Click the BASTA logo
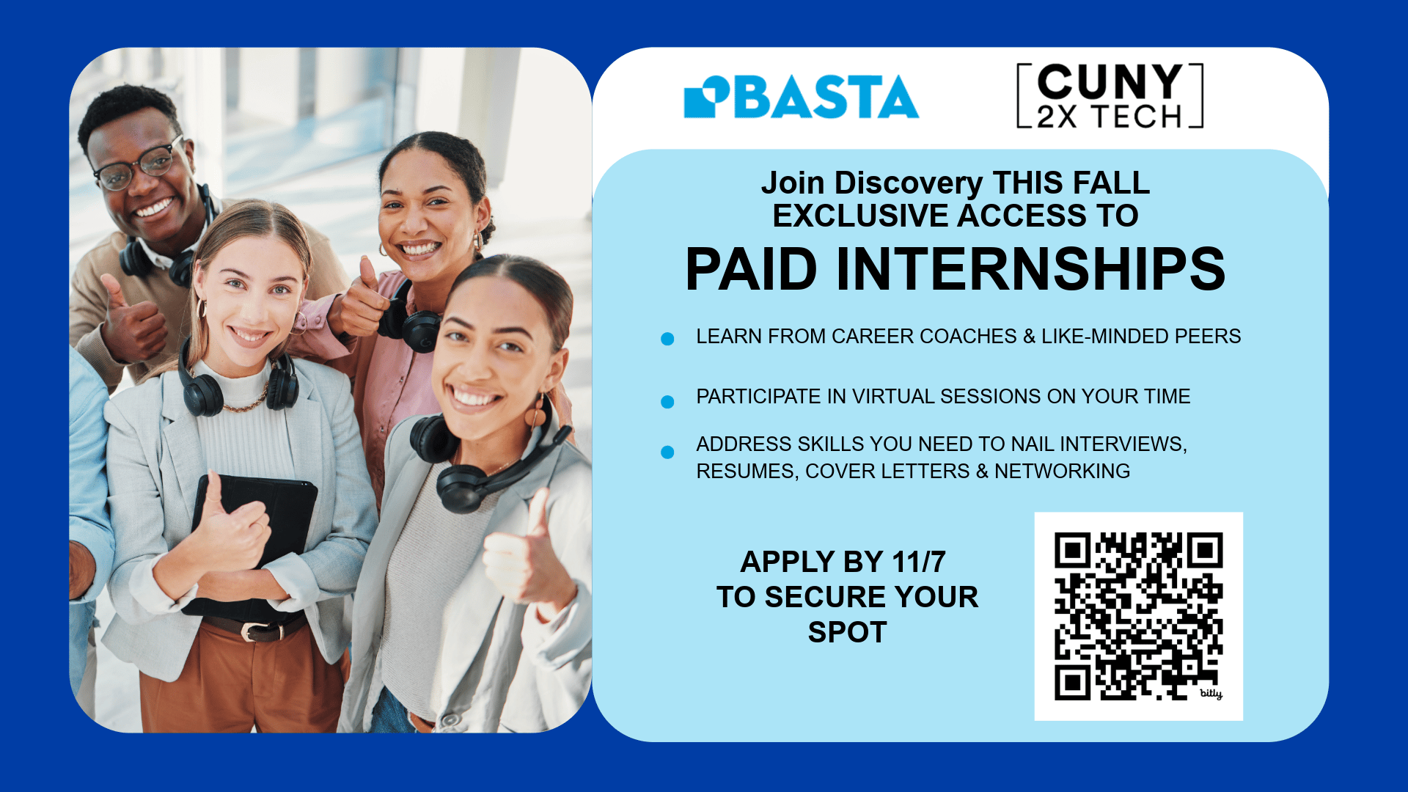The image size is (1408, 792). (801, 96)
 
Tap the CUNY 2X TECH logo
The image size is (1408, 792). (1110, 96)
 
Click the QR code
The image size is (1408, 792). (1138, 616)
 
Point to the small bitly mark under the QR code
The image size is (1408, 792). (1211, 693)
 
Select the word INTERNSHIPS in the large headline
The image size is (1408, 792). (1030, 269)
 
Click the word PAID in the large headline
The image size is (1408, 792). (751, 269)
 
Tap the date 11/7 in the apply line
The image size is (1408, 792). (919, 562)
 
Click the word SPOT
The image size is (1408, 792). (848, 632)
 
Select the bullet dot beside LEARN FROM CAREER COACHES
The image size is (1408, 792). (667, 339)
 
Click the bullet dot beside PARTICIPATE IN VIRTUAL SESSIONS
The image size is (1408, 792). (667, 402)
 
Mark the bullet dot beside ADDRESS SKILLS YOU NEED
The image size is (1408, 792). (667, 452)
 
